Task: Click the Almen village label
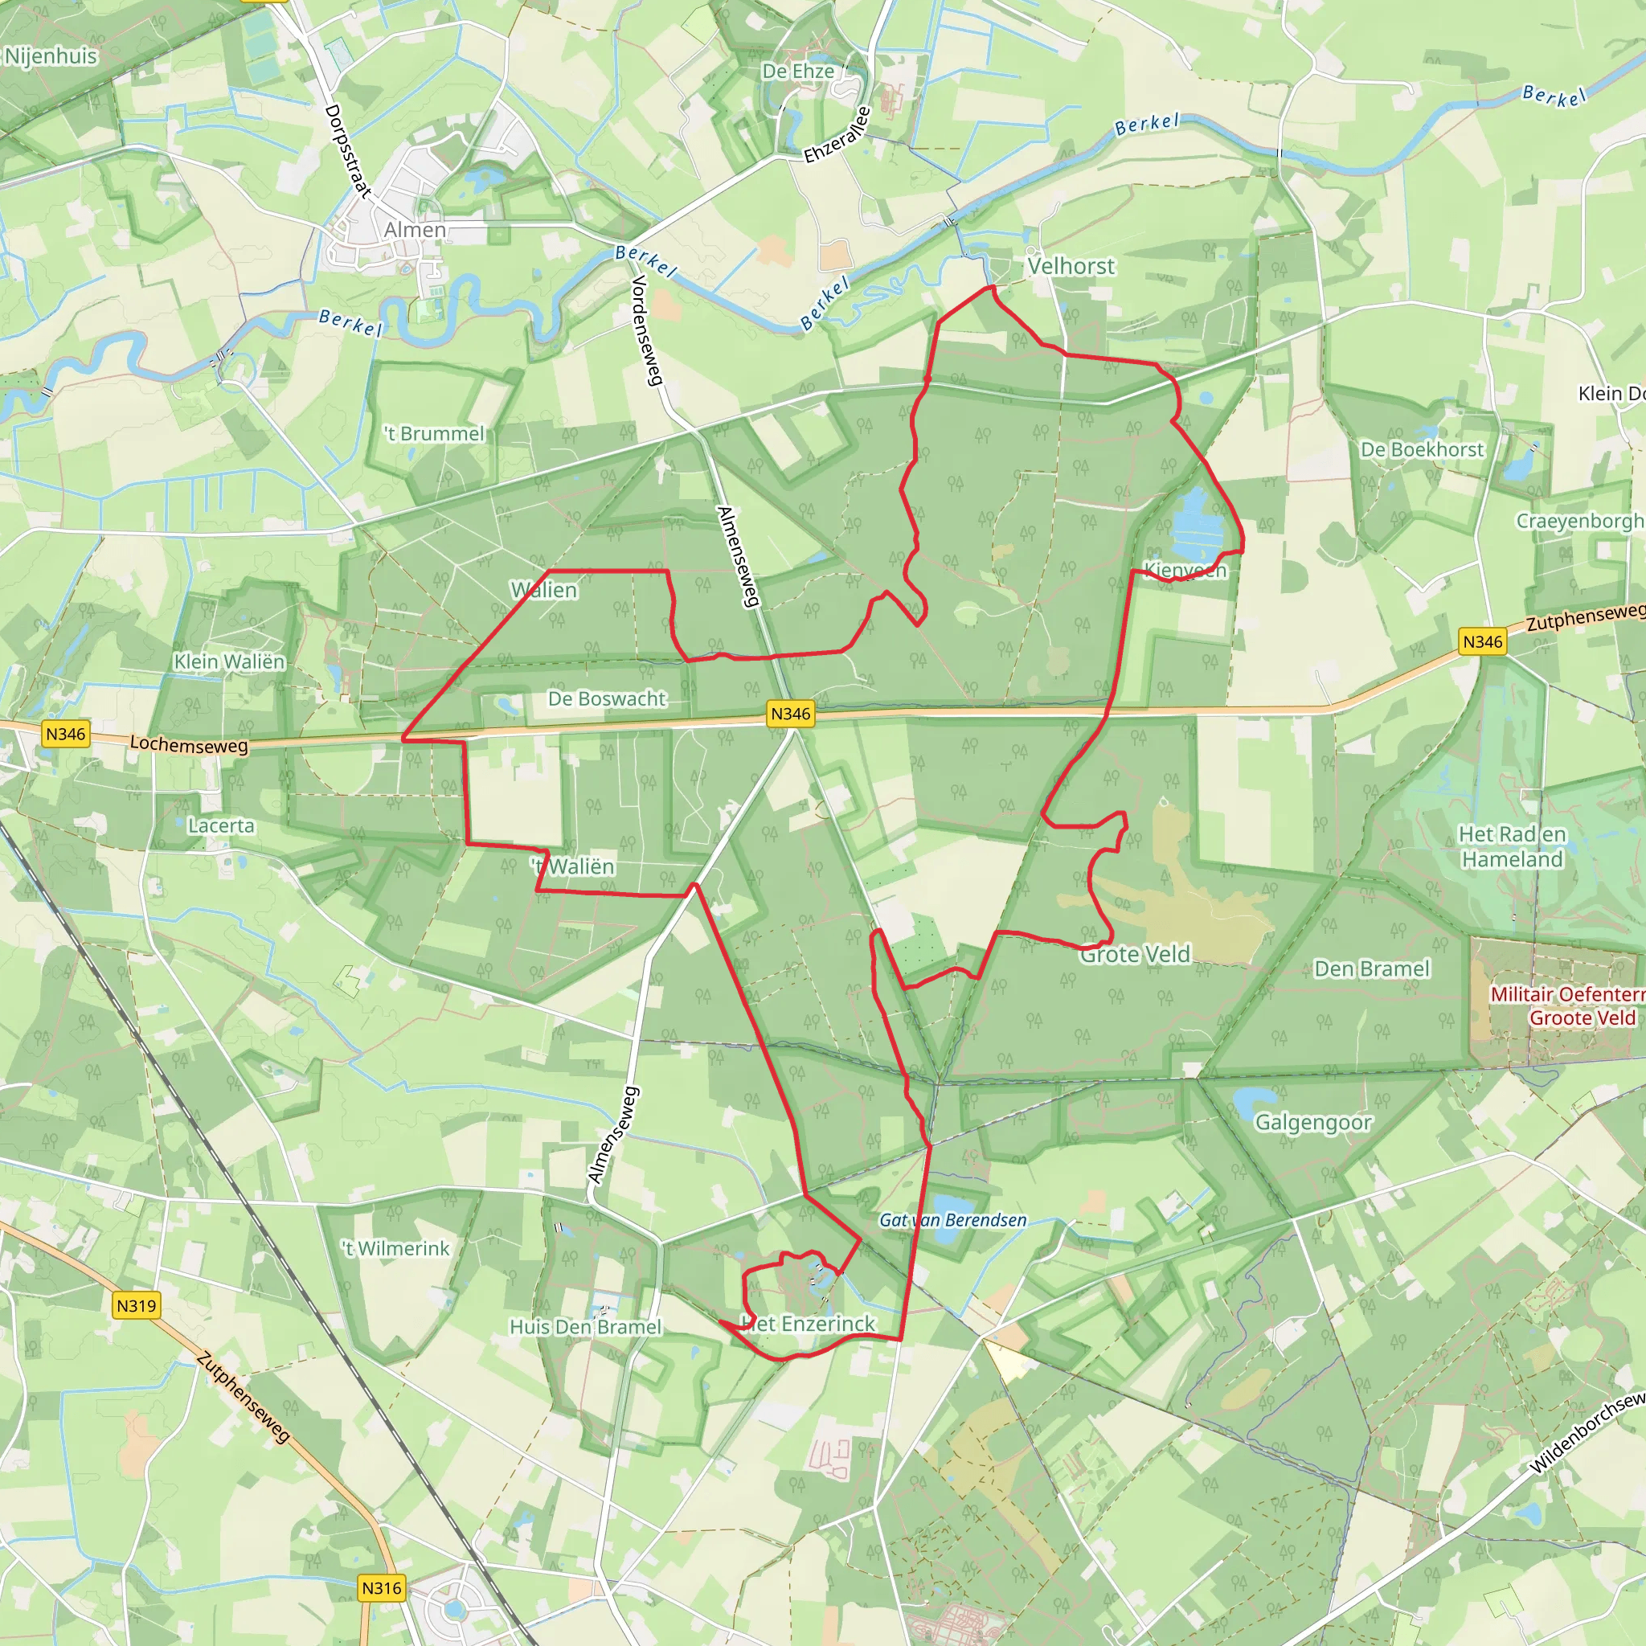tap(414, 230)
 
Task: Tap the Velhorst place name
tap(1070, 267)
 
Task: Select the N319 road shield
tap(137, 1305)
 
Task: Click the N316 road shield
tap(381, 1588)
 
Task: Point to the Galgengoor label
tap(1313, 1123)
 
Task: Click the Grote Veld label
tap(1134, 955)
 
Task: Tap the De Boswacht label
tap(607, 698)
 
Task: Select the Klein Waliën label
tap(229, 662)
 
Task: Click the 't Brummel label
tap(435, 434)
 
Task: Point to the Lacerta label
tap(221, 825)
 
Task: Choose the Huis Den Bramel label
tap(585, 1326)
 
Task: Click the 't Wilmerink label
tap(395, 1248)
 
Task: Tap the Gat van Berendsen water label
tap(952, 1220)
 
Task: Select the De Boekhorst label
tap(1422, 449)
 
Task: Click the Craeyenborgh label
tap(1578, 521)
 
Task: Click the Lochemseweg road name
tap(189, 746)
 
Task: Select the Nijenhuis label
tap(51, 56)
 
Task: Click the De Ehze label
tap(797, 72)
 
